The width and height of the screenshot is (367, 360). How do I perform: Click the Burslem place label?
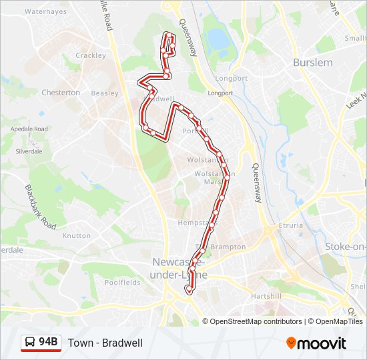(x=312, y=63)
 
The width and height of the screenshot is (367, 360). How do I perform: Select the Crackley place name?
(x=91, y=55)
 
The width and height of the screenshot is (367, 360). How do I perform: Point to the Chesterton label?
(x=61, y=93)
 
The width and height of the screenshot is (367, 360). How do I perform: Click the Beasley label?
(x=104, y=93)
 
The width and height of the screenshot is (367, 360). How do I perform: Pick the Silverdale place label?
(x=29, y=151)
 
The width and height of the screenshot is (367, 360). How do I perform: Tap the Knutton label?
(x=76, y=235)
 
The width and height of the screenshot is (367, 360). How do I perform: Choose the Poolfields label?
(x=122, y=283)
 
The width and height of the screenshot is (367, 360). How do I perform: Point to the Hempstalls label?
(x=194, y=223)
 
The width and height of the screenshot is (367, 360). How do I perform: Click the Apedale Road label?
(x=31, y=129)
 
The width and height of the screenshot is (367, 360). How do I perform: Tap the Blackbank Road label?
(x=41, y=207)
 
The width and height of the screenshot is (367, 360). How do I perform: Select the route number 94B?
(x=49, y=343)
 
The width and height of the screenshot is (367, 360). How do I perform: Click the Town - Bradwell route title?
(x=105, y=343)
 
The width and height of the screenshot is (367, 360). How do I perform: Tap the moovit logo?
(x=316, y=343)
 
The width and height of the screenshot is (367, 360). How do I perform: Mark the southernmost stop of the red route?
(x=189, y=291)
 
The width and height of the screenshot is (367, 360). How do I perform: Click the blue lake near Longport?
(x=219, y=39)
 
